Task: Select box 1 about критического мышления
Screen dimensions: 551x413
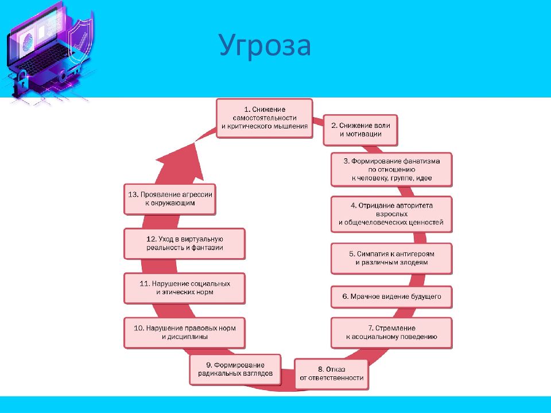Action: (264, 118)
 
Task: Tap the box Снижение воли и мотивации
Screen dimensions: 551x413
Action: (360, 130)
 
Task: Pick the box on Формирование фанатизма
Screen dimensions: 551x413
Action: (391, 170)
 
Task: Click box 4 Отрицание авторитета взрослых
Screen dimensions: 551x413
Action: (391, 214)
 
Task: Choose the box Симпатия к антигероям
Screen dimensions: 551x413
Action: (391, 258)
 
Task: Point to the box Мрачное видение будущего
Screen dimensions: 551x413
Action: (391, 297)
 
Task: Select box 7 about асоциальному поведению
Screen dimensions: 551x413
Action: (391, 333)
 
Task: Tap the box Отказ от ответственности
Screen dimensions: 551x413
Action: (331, 373)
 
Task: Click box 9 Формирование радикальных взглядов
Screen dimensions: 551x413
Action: (235, 369)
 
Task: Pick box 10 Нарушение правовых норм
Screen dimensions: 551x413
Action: (184, 333)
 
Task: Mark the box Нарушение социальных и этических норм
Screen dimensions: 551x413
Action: (184, 288)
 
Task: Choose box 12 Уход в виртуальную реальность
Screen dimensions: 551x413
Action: (184, 243)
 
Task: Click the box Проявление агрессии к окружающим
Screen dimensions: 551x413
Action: (170, 199)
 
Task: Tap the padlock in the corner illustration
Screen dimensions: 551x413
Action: (21, 81)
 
